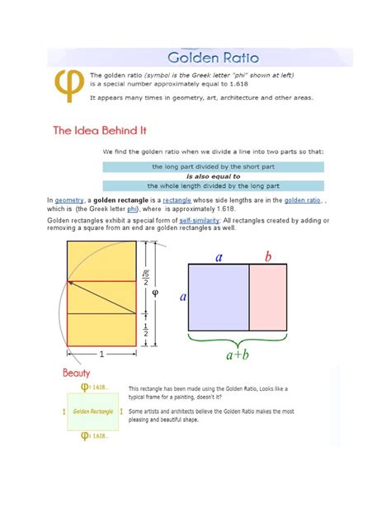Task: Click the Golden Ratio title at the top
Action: click(213, 58)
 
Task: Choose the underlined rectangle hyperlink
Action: click(177, 200)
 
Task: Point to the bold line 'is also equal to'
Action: click(213, 176)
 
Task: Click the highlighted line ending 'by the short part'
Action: click(213, 166)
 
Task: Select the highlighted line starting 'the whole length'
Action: click(213, 185)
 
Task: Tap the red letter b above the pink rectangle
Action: click(268, 256)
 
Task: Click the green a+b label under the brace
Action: click(239, 355)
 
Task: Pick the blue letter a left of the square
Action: click(182, 294)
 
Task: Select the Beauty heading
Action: click(76, 373)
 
